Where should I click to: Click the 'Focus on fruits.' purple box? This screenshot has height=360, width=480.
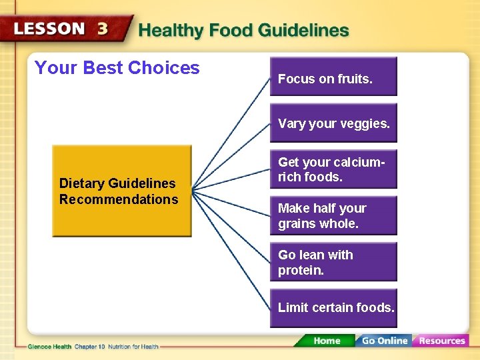tap(333, 77)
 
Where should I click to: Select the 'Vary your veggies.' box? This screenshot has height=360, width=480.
tap(333, 123)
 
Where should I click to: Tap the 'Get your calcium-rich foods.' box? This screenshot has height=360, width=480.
tap(333, 169)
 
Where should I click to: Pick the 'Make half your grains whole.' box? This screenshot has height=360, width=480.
tap(333, 216)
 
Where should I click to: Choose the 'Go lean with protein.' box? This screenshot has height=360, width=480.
tap(333, 262)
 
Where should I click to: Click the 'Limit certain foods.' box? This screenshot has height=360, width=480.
tap(333, 308)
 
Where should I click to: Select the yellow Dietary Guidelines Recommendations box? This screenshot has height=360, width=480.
tap(121, 191)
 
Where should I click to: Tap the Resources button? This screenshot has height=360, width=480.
tap(441, 341)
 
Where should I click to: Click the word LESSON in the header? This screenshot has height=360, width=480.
tap(49, 30)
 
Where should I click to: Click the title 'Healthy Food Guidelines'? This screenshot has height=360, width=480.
tap(243, 31)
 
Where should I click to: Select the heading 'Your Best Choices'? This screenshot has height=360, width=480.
tap(117, 67)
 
